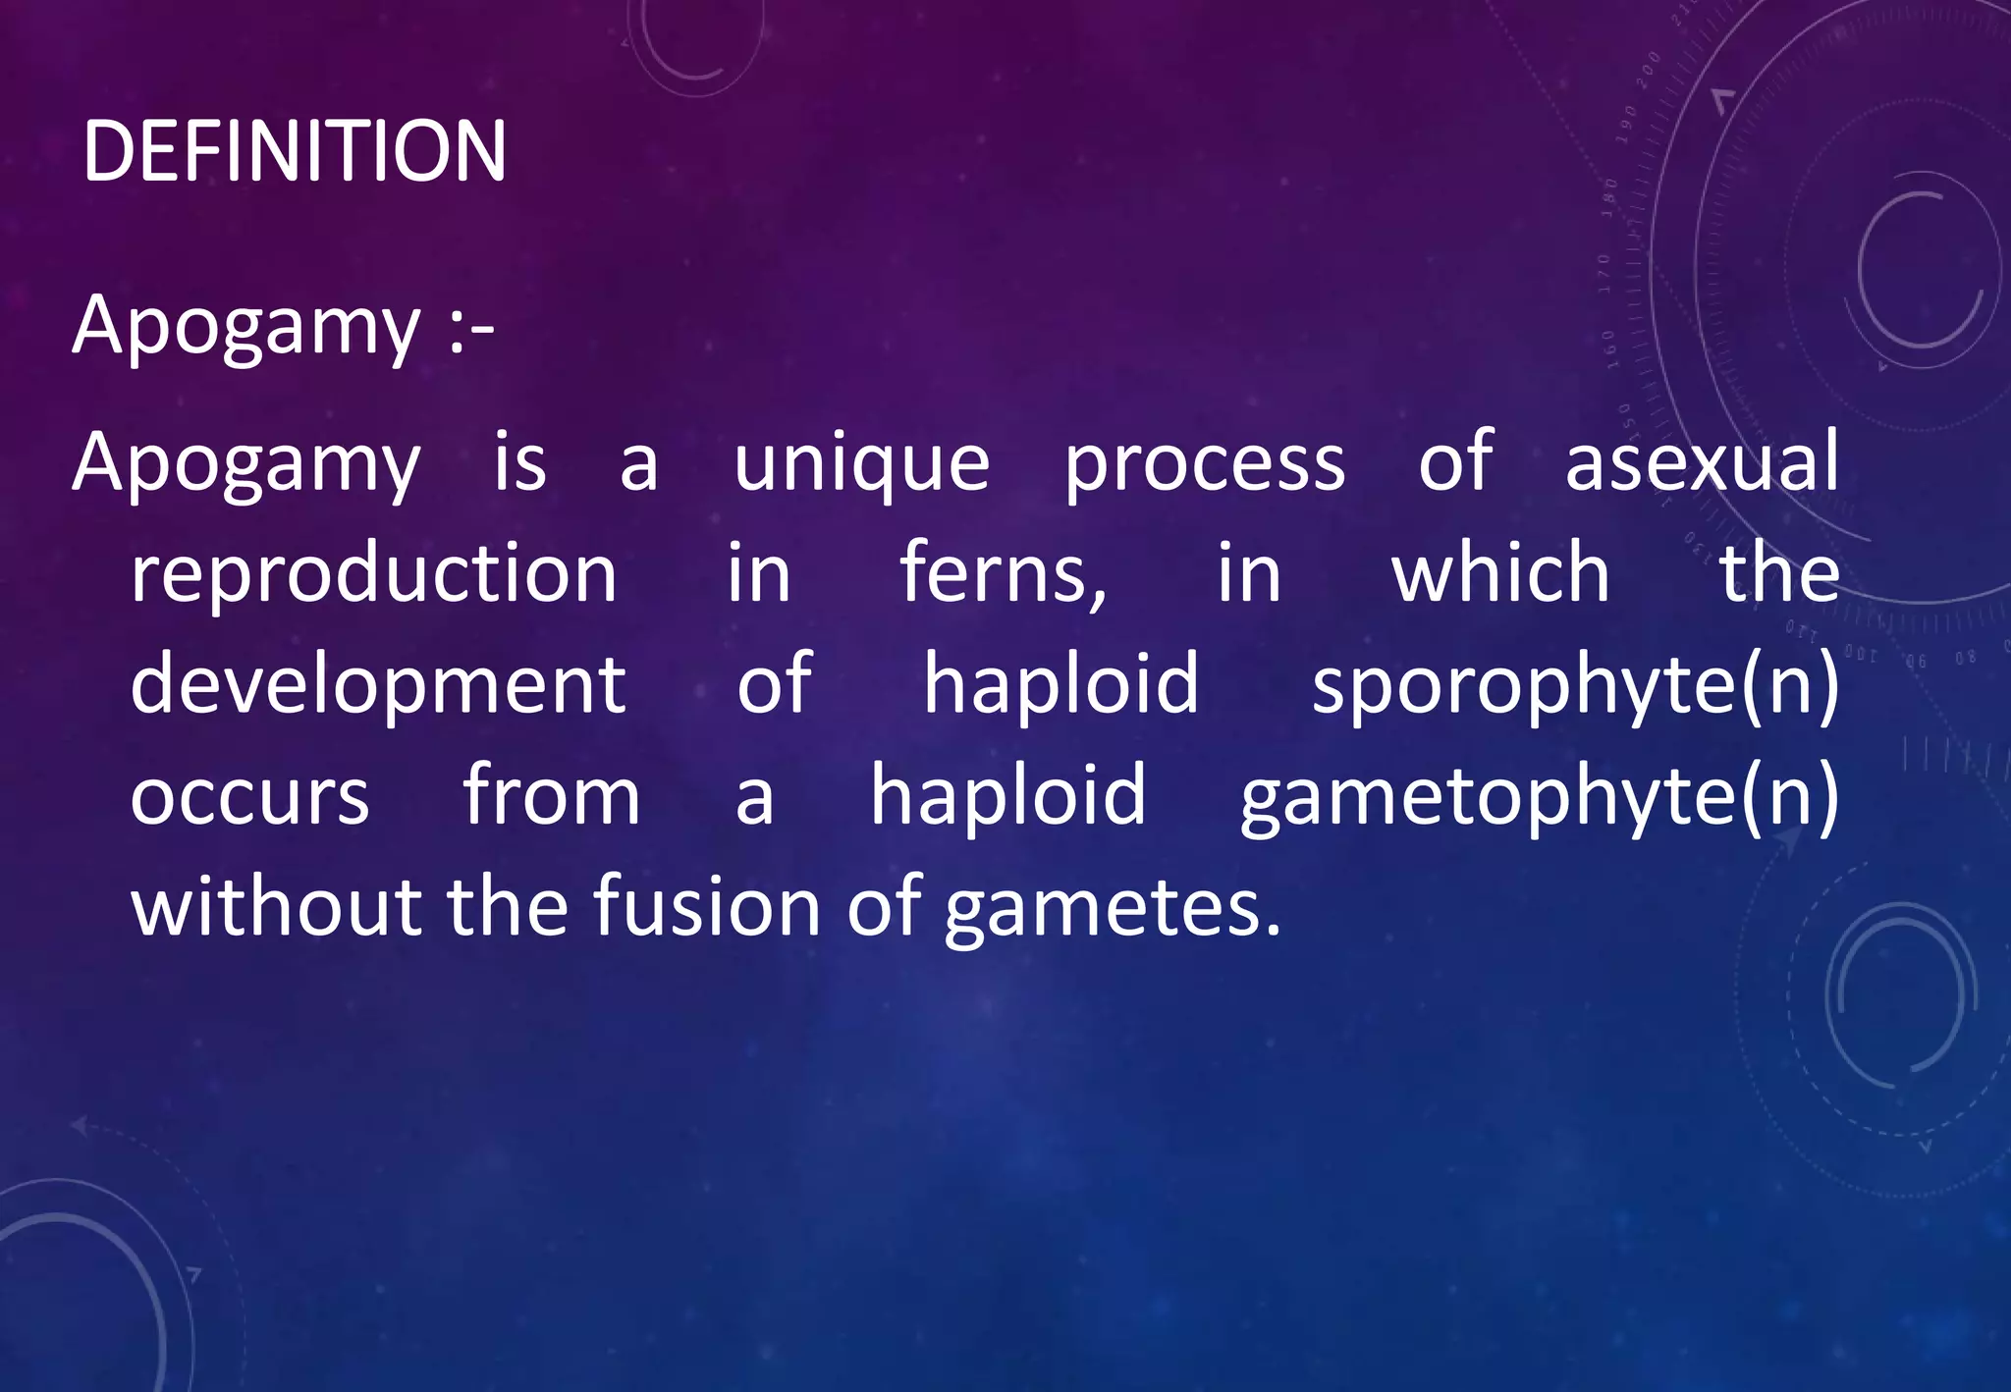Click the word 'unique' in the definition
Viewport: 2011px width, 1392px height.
(x=861, y=462)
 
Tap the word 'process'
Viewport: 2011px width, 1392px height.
(x=1205, y=464)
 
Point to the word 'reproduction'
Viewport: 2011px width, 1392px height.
(x=374, y=574)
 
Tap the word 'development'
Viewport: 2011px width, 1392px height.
(x=378, y=685)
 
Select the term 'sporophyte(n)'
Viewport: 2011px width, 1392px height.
(x=1575, y=685)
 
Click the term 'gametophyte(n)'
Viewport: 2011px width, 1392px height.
(x=1539, y=796)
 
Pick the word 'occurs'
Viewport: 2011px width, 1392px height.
(x=249, y=796)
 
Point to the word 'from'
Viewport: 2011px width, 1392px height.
(x=551, y=794)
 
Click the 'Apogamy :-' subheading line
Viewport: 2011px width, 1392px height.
(x=283, y=327)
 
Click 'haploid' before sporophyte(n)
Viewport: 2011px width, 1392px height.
(x=1060, y=683)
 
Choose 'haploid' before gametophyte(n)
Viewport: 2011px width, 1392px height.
(x=1007, y=794)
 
